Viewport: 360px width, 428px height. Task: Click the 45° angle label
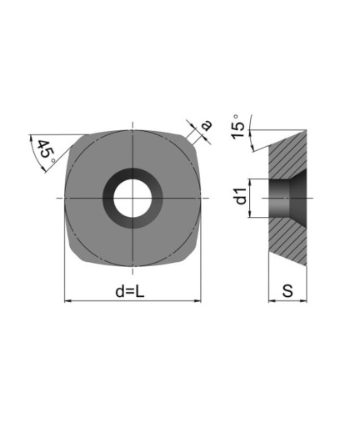pos(46,152)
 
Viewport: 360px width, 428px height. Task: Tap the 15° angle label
pos(238,127)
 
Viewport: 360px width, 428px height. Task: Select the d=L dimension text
pos(130,292)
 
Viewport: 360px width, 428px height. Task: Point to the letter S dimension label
pos(287,291)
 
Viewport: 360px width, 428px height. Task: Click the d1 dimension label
pos(241,196)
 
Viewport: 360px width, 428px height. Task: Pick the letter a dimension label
pos(207,125)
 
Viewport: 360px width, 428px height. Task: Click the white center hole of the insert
pos(132,198)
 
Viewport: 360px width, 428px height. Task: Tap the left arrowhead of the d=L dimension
pos(67,301)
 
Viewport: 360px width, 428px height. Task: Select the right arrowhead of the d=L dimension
pos(197,301)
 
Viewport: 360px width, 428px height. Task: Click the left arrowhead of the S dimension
pos(272,300)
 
